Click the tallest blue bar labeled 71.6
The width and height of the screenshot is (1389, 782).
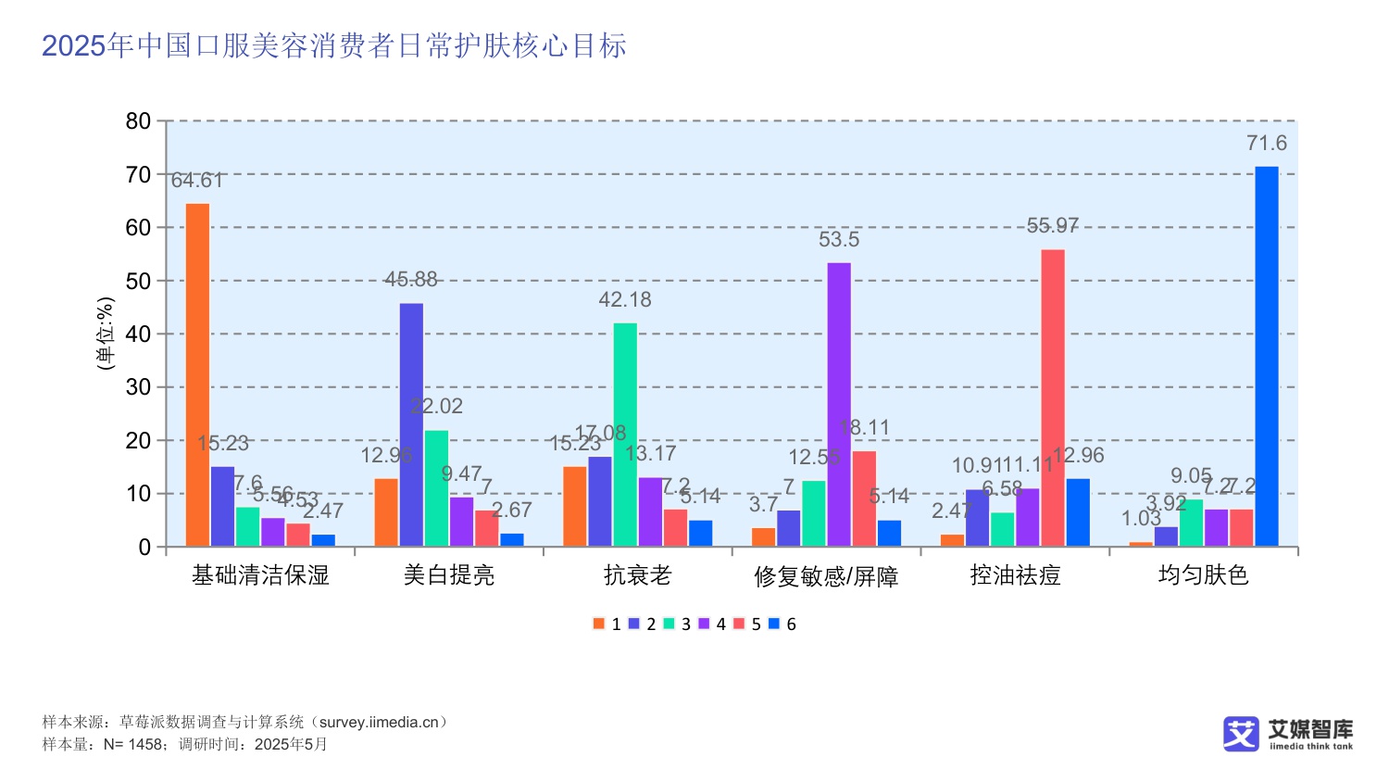pos(1266,357)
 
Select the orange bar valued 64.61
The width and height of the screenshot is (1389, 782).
pos(197,375)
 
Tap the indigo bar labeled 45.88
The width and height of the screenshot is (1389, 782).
pos(411,424)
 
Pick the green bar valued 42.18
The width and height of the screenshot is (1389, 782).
pos(625,435)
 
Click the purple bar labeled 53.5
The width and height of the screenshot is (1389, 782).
pos(839,405)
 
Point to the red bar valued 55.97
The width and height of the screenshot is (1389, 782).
pos(1053,398)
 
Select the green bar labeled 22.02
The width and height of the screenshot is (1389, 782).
pos(436,488)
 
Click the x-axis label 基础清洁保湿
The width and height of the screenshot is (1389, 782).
pos(260,575)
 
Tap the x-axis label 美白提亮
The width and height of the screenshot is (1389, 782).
pos(449,575)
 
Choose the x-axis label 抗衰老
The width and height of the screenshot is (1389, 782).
pos(637,575)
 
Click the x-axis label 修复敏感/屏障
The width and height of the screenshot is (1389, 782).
pos(826,576)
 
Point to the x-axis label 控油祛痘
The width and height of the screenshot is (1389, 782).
pos(1015,575)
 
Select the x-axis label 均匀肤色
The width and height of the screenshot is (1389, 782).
pos(1203,575)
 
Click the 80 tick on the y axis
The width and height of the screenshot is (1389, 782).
pos(138,121)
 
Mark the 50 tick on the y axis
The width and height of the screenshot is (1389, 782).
pos(138,282)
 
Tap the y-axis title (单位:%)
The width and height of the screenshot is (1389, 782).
pos(106,334)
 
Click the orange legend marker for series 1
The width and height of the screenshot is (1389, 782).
pos(599,624)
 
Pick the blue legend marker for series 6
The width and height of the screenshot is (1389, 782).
pos(774,624)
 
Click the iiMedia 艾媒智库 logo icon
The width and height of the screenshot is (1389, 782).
pos(1241,734)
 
